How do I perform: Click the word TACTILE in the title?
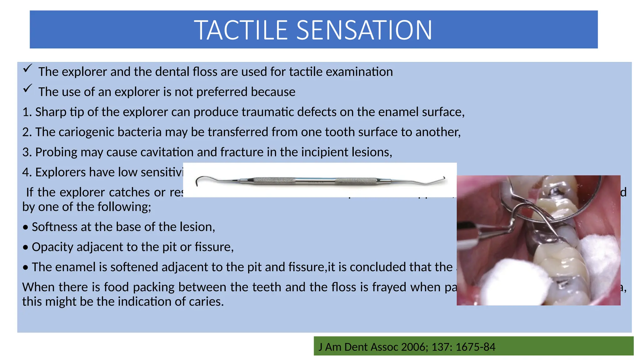(241, 30)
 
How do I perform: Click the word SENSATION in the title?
(364, 30)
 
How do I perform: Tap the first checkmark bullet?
(27, 68)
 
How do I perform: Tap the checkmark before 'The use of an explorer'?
(27, 88)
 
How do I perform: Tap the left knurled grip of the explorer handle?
(274, 180)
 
